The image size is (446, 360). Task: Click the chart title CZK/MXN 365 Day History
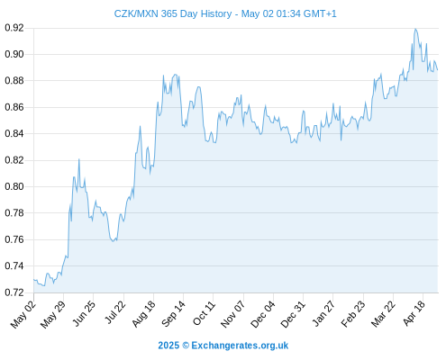[x=173, y=13]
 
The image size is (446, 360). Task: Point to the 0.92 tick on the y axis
[x=14, y=28]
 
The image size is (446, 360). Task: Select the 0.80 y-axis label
[x=14, y=186]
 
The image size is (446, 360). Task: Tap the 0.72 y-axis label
[x=14, y=292]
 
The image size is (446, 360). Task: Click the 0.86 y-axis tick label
[x=14, y=107]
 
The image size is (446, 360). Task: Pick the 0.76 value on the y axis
[x=14, y=239]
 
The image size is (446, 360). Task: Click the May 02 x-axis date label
[x=23, y=314]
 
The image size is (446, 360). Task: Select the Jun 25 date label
[x=84, y=313]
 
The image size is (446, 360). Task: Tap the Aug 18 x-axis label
[x=143, y=314]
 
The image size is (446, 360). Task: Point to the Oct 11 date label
[x=204, y=313]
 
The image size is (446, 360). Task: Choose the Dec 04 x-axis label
[x=262, y=314]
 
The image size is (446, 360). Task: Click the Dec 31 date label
[x=293, y=314]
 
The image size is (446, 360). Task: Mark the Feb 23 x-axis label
[x=353, y=314]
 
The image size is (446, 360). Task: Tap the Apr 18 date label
[x=414, y=313]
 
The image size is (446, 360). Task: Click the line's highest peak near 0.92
[x=415, y=29]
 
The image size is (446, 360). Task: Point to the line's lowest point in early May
[x=44, y=285]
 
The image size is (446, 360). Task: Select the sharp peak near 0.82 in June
[x=79, y=159]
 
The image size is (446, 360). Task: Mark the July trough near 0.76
[x=113, y=241]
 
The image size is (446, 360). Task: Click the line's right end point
[x=438, y=70]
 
